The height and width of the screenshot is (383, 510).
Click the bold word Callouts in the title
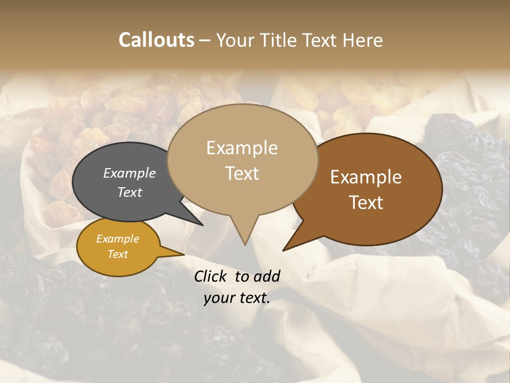156,40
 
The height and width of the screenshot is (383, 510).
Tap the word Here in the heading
363,40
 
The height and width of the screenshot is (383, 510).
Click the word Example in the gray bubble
130,173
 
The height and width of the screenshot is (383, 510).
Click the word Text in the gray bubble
130,192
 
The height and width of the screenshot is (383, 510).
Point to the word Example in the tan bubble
242,148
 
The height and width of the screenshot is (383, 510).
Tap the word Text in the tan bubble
242,173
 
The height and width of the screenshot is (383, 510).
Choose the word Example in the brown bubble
366,177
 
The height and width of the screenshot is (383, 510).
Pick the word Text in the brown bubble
366,203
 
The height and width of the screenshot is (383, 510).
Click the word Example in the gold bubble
117,239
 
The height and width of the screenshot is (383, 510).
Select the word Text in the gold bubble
117,254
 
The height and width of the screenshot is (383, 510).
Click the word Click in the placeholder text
211,276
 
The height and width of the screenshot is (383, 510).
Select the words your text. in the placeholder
237,298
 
